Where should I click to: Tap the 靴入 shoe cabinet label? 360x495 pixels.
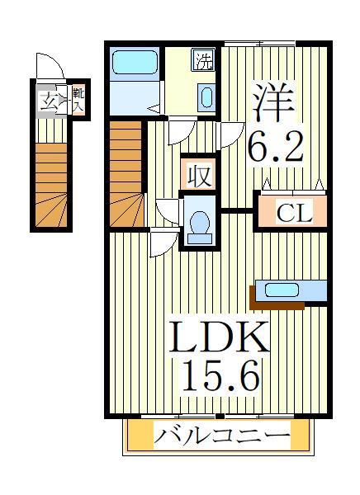[78, 101]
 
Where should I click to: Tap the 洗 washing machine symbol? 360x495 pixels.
[203, 60]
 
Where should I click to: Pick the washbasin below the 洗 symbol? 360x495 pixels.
[206, 97]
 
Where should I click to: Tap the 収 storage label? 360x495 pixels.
[197, 175]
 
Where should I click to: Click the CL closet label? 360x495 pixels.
[294, 212]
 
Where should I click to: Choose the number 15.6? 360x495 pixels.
[219, 378]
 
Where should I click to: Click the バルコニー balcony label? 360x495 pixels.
[221, 435]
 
